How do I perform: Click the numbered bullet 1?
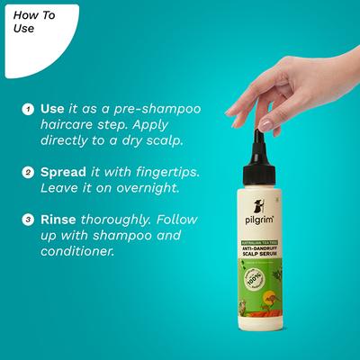pos(29,109)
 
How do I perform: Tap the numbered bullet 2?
pos(29,171)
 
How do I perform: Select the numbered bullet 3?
pos(29,219)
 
